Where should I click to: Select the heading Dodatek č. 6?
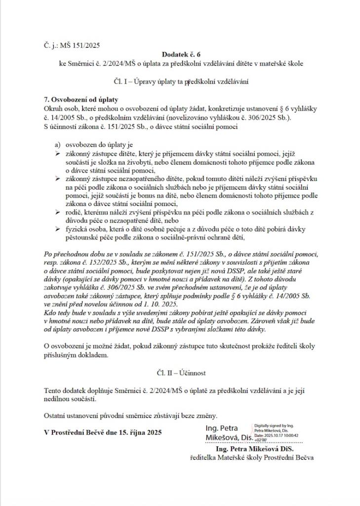tap(180, 54)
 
